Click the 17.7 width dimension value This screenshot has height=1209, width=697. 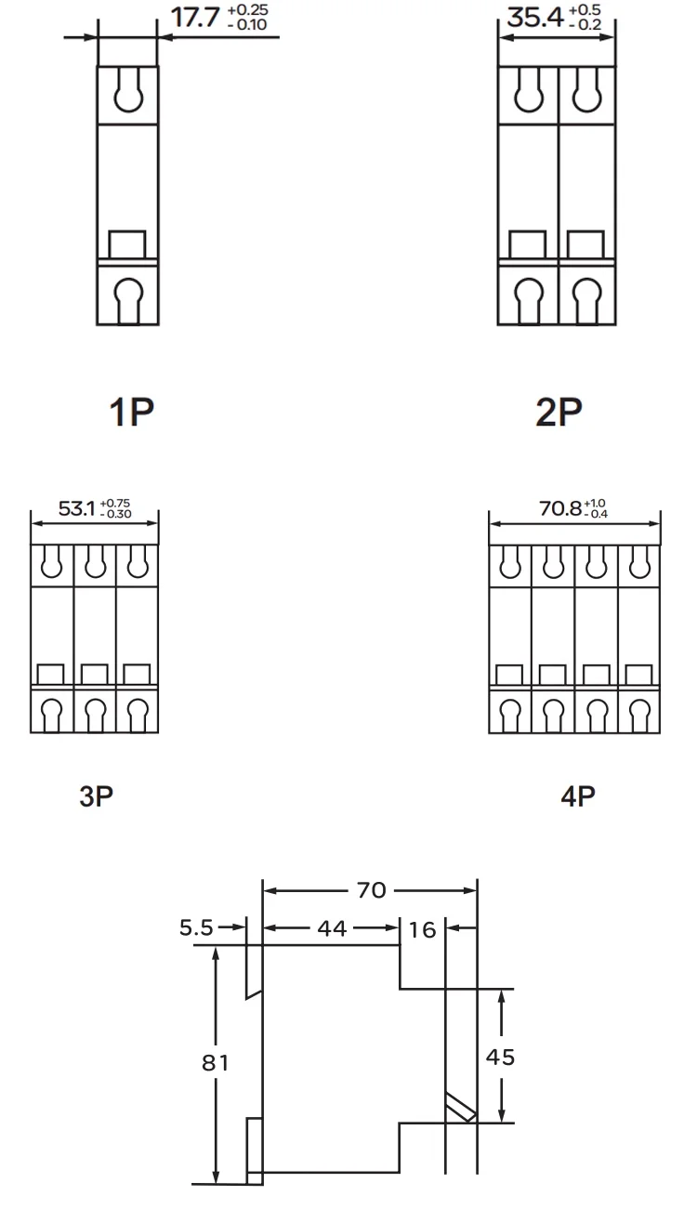pos(195,18)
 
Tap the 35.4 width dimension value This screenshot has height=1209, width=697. pos(535,18)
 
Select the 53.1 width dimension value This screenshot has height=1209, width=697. pos(76,508)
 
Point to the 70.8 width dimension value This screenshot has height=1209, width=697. pos(560,508)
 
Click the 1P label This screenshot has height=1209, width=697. pos(132,412)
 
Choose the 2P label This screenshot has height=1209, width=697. pos(559,412)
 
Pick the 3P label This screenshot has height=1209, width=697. pos(96,796)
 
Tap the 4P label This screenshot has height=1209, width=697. pos(578,796)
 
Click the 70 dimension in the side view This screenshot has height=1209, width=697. pos(372,890)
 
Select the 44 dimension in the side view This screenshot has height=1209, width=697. pos(332,928)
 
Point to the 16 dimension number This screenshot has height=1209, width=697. pos(422,930)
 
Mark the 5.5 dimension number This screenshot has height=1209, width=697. pos(196,927)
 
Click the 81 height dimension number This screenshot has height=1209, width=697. pos(215,1063)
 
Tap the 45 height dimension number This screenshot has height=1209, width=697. pos(500,1058)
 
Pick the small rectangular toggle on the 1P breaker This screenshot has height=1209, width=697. pos(127,244)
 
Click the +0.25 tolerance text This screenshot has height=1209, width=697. pos(248,10)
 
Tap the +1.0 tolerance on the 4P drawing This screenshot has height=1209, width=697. pos(595,503)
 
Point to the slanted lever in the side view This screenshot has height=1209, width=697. pos(461,1108)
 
